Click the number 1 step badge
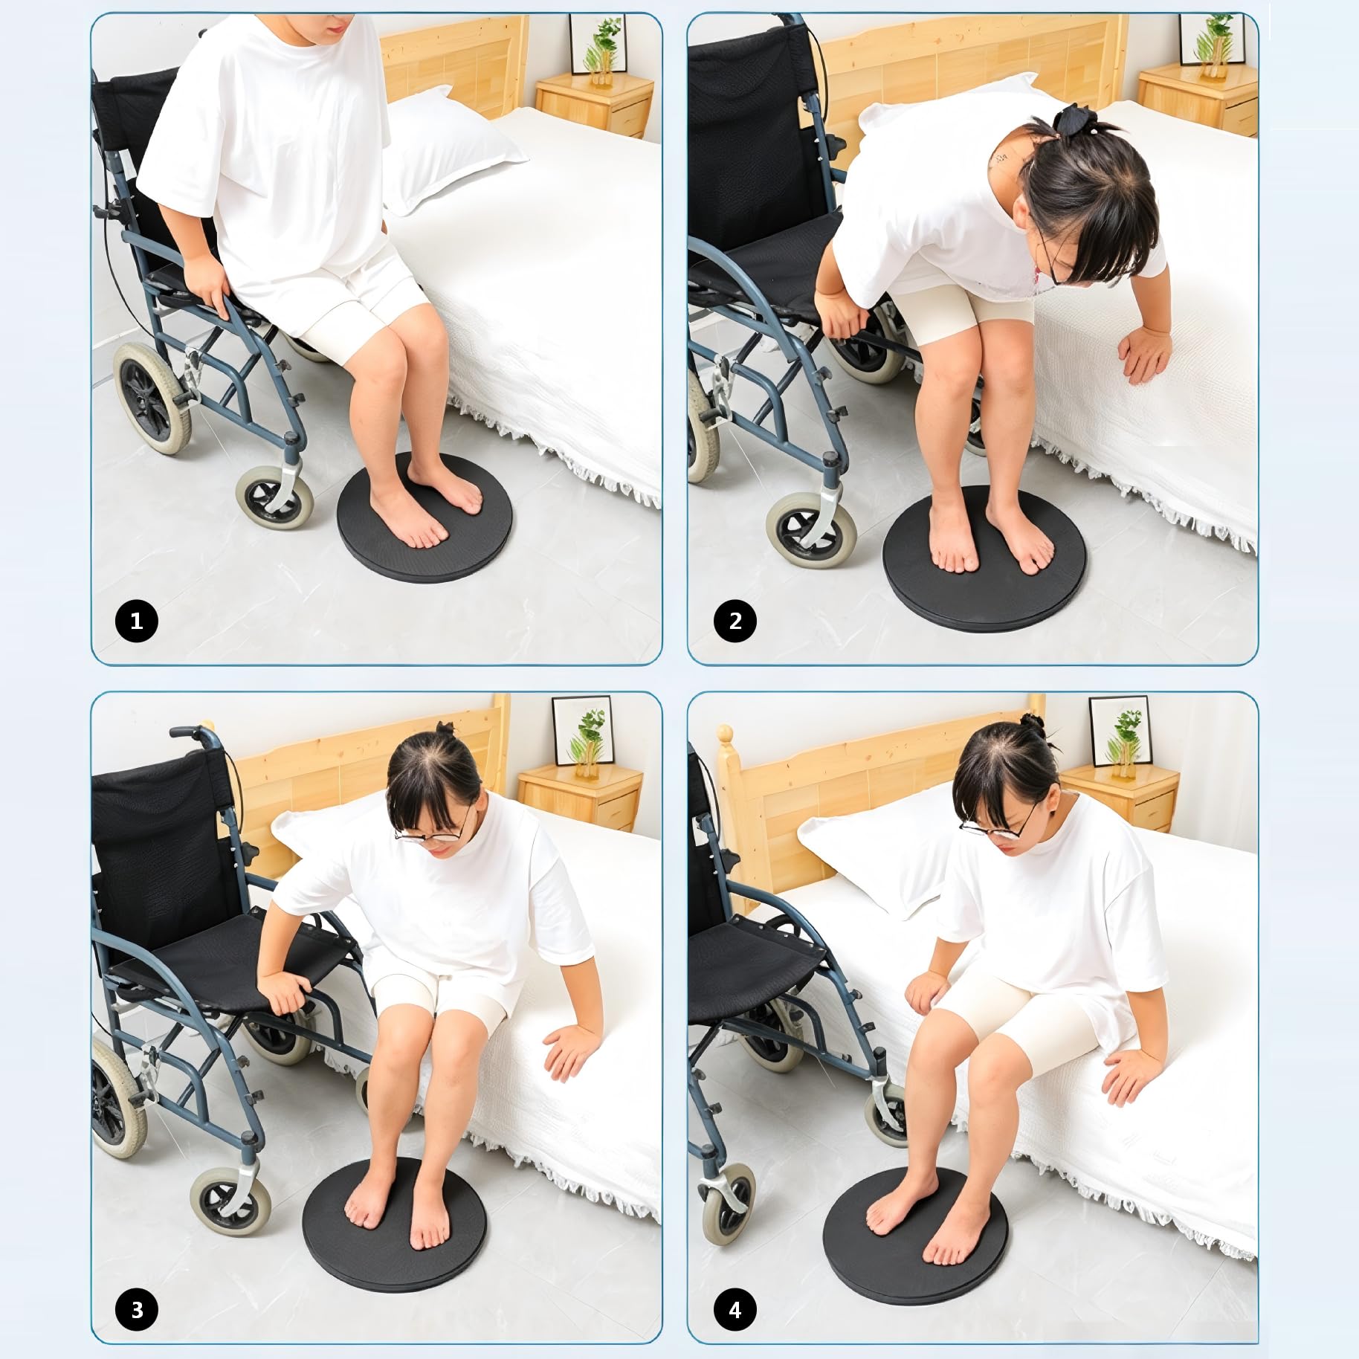click(137, 621)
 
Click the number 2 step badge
click(735, 621)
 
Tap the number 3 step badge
click(137, 1309)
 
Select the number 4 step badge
click(735, 1309)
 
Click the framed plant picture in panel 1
click(598, 45)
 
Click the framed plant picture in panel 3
click(583, 730)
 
